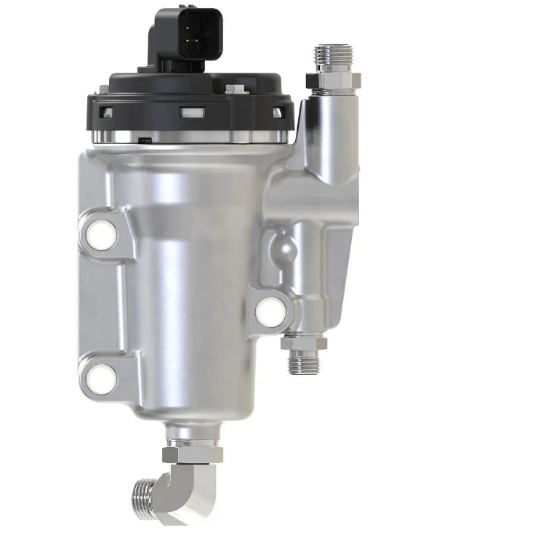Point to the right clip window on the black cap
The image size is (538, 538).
[x=277, y=112]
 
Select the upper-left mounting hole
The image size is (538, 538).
[x=101, y=233]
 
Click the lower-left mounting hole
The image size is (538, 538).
[x=102, y=377]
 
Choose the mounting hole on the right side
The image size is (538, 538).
[x=271, y=311]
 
